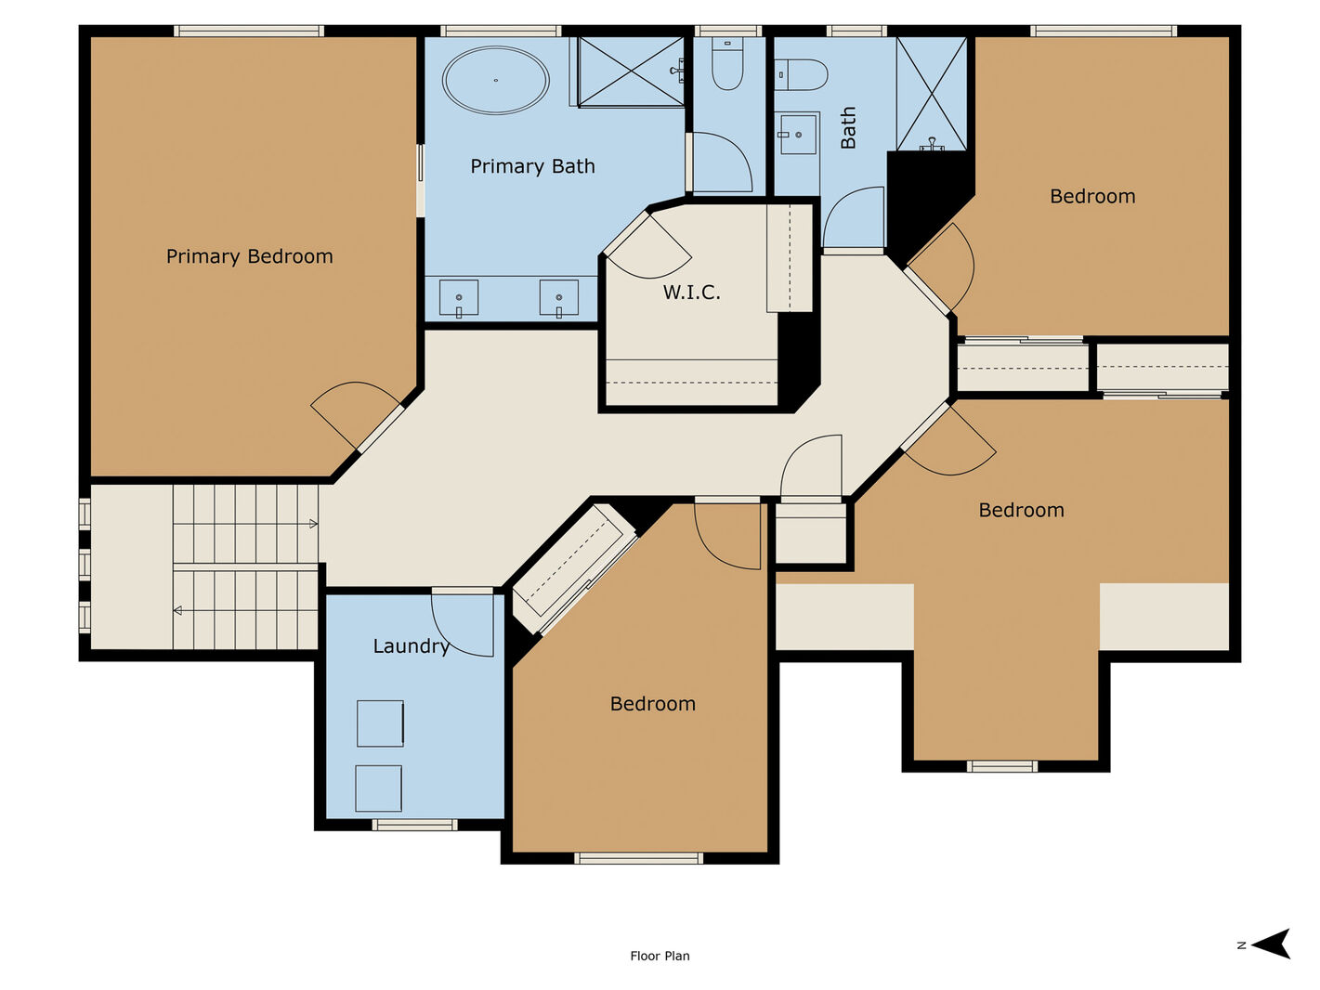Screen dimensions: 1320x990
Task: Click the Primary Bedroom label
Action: [x=250, y=256]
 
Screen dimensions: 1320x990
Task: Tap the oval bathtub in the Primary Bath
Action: [x=495, y=80]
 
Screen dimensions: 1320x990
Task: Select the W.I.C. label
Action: [x=691, y=293]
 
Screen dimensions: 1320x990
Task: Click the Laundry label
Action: [x=412, y=646]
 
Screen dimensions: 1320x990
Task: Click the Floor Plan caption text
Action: [x=660, y=957]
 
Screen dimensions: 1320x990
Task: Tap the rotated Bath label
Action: [x=848, y=127]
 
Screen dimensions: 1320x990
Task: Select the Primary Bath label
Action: [x=533, y=166]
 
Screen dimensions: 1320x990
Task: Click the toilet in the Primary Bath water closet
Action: [x=727, y=62]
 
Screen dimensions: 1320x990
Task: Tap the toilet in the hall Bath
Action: [x=801, y=74]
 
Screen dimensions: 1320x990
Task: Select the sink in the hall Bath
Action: [x=797, y=135]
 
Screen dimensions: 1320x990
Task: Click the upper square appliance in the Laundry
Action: [x=380, y=723]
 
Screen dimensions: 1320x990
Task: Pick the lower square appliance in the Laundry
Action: [x=378, y=788]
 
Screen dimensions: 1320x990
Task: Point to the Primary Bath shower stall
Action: [x=631, y=72]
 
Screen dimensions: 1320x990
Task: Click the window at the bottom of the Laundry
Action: [x=414, y=826]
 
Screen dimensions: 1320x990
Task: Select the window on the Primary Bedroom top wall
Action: [x=249, y=31]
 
